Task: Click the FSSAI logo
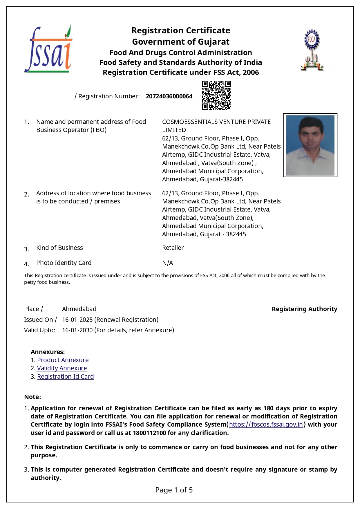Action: tap(48, 49)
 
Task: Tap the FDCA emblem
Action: tap(312, 50)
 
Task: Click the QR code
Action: tap(216, 95)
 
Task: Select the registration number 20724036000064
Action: tap(169, 96)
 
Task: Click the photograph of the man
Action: tap(310, 145)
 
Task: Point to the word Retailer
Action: tap(173, 248)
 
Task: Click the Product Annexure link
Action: tap(63, 360)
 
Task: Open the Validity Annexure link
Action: tap(62, 368)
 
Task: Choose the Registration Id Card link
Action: tap(65, 377)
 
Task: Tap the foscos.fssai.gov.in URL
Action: tap(266, 425)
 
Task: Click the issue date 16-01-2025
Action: tap(77, 320)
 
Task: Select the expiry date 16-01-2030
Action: tap(77, 330)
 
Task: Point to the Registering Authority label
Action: tap(304, 309)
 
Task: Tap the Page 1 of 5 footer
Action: tap(174, 490)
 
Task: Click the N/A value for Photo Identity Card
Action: tap(167, 263)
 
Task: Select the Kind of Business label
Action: tap(59, 248)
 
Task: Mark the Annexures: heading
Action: tap(48, 352)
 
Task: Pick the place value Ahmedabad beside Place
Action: tap(79, 309)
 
